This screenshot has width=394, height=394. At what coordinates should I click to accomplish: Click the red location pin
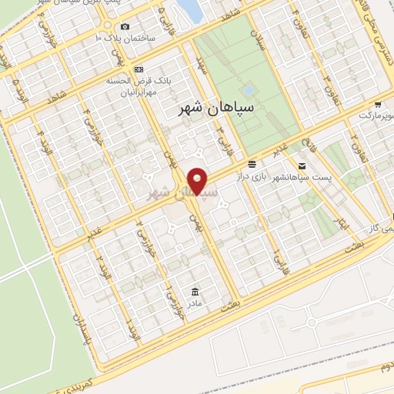pyautogui.click(x=198, y=180)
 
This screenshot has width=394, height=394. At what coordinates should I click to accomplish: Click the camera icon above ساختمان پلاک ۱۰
pyautogui.click(x=125, y=27)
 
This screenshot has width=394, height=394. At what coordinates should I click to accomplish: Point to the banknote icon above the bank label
pyautogui.click(x=139, y=68)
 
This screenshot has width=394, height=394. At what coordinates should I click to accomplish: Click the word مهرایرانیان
pyautogui.click(x=139, y=92)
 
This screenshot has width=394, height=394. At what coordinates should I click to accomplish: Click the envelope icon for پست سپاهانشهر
pyautogui.click(x=301, y=165)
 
